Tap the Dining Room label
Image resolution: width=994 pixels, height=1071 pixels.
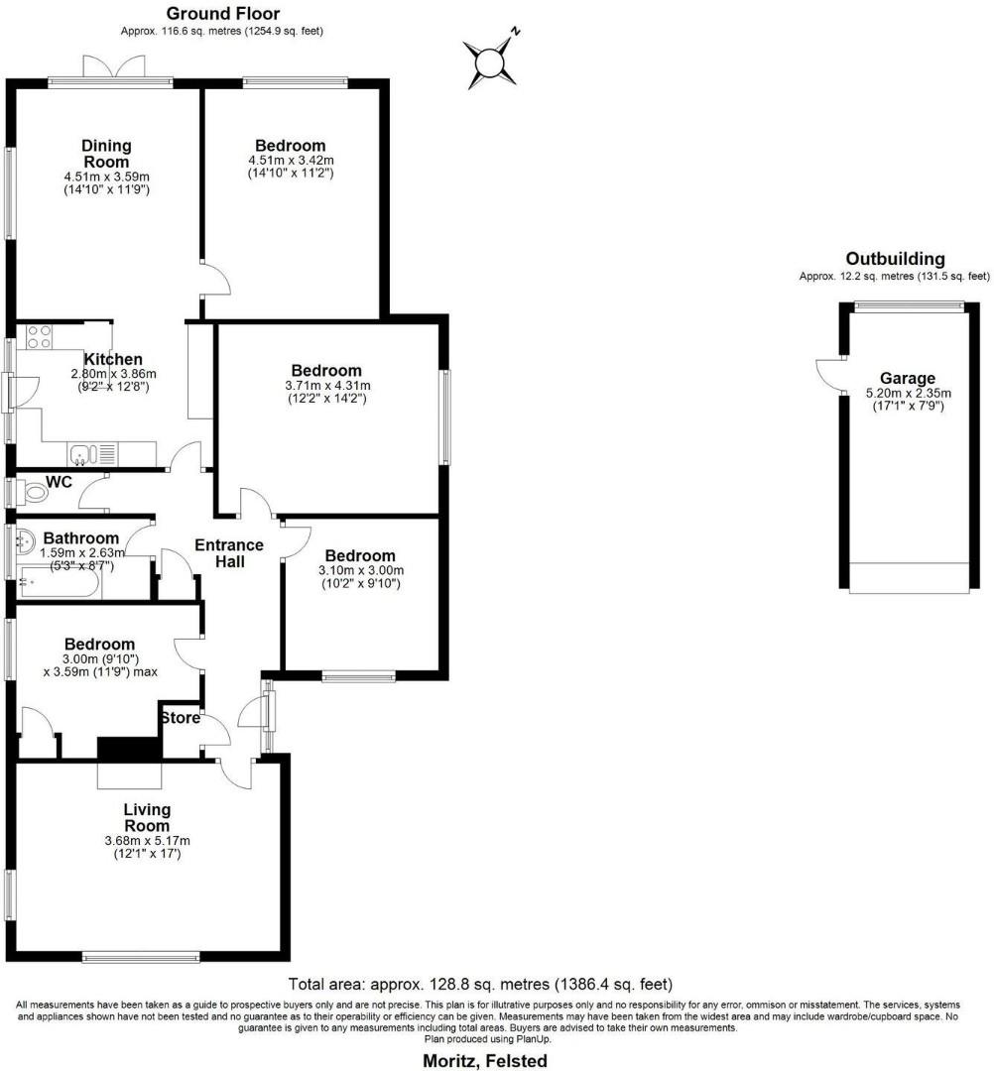(x=106, y=154)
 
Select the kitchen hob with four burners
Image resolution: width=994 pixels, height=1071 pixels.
(x=39, y=336)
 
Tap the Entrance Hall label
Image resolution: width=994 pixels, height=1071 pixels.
(x=228, y=553)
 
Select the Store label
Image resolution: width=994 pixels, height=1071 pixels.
(x=180, y=717)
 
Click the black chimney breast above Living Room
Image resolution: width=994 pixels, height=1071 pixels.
(x=128, y=749)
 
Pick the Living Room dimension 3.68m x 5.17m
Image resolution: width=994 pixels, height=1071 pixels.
(x=147, y=841)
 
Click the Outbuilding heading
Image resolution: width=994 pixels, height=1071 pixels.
(x=895, y=259)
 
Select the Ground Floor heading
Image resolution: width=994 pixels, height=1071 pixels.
(x=222, y=14)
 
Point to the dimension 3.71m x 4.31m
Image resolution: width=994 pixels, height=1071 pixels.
(x=327, y=386)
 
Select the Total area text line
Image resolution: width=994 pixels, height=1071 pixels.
(x=480, y=985)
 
